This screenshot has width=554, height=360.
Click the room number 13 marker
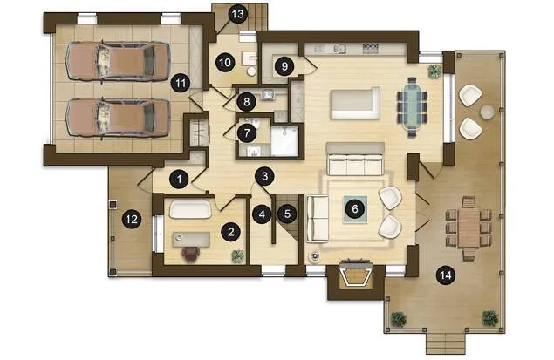(237, 15)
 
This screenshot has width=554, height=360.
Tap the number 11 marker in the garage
(181, 84)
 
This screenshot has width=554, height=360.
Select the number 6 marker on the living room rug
(355, 209)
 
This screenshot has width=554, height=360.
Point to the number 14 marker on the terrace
(446, 275)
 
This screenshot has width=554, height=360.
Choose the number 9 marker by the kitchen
(284, 66)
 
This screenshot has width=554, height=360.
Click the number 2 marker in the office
(230, 232)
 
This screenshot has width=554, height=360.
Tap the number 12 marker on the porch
(132, 219)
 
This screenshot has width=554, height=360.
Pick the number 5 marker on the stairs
(287, 214)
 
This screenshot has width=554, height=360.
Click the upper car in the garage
(117, 61)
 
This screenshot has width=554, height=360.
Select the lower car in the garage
(117, 118)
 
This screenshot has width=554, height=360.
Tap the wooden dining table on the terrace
(469, 228)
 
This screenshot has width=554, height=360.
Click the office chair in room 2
(191, 254)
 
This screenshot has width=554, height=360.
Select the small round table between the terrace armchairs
(487, 112)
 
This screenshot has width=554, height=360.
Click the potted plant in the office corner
(238, 256)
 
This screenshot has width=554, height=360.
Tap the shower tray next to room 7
(284, 141)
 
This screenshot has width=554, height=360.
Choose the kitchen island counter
(355, 104)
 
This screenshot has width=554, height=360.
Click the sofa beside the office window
(190, 209)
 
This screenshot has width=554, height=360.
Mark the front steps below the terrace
(446, 343)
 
